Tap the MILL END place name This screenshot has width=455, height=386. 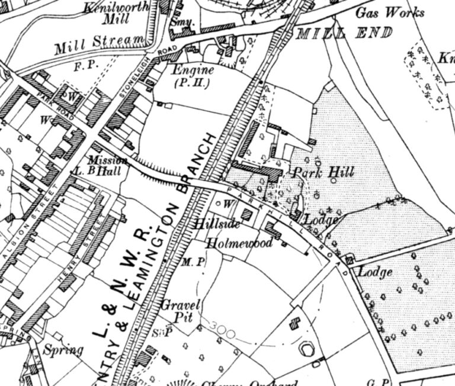(x=344, y=33)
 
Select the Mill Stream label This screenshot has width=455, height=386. (x=100, y=44)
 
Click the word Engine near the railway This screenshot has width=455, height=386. (x=191, y=70)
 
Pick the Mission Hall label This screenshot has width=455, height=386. (x=108, y=165)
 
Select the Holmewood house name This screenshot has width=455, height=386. (x=239, y=243)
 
